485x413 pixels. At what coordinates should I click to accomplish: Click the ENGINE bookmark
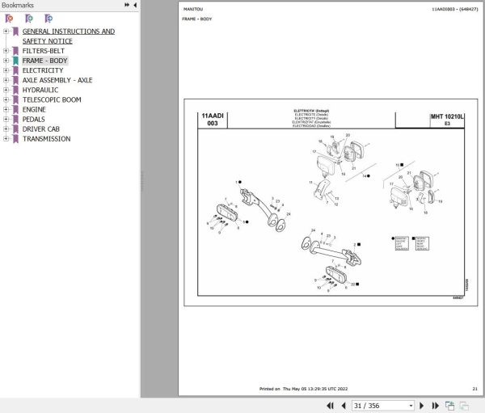coord(34,109)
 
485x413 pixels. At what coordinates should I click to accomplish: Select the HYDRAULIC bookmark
coord(40,90)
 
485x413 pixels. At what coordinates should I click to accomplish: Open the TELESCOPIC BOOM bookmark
coord(51,99)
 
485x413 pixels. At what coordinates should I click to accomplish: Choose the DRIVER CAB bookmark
coord(40,129)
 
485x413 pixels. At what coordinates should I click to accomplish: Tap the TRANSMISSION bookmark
coord(46,138)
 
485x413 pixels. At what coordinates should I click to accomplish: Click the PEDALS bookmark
coord(34,119)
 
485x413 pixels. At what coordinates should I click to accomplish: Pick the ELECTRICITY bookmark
coord(43,70)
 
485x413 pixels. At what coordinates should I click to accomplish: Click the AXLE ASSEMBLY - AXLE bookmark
coord(57,80)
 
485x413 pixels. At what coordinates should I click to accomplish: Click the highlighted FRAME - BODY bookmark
coord(45,61)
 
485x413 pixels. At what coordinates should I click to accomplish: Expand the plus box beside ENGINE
coord(6,109)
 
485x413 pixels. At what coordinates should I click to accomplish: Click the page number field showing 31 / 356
coord(382,405)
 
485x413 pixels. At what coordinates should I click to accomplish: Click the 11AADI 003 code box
coord(212,120)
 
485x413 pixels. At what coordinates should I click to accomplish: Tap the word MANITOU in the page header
coord(193,9)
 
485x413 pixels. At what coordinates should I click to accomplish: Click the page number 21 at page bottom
coord(474,389)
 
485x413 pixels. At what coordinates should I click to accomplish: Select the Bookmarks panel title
coord(18,5)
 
